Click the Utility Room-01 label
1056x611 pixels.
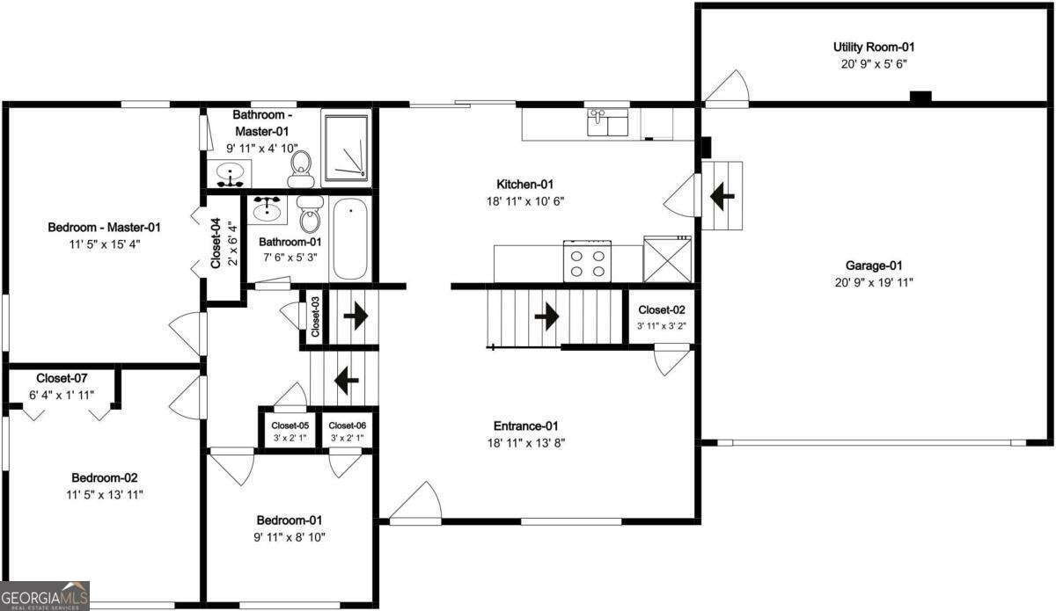[874, 47]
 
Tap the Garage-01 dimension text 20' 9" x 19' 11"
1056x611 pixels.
[874, 283]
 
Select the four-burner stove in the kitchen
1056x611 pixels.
[588, 262]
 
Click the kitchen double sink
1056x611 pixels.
[608, 122]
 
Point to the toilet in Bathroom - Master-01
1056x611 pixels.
[301, 169]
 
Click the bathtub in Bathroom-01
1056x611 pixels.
[350, 239]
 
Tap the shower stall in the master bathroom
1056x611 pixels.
[347, 148]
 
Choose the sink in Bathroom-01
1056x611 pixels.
[268, 209]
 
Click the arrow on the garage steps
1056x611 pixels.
[722, 196]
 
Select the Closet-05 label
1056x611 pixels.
[290, 426]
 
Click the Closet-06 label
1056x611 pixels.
[347, 426]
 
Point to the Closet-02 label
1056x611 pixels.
[662, 310]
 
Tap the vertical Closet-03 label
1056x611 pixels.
[315, 316]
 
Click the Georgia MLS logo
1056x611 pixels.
[44, 596]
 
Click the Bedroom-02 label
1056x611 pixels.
[105, 477]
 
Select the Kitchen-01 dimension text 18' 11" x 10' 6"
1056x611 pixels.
[525, 201]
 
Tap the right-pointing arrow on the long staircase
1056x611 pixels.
[546, 316]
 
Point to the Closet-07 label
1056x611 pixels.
[62, 378]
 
